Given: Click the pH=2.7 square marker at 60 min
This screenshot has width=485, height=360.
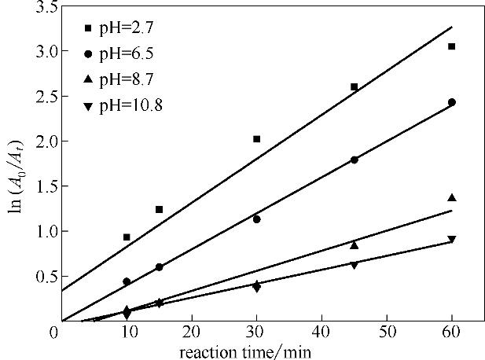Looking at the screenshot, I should pyautogui.click(x=451, y=46).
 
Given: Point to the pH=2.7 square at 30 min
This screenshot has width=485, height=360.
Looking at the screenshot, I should pyautogui.click(x=256, y=139).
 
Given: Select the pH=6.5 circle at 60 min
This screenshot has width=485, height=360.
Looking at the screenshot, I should pyautogui.click(x=451, y=102).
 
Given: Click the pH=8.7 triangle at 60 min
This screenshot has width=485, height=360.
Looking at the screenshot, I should pyautogui.click(x=451, y=197).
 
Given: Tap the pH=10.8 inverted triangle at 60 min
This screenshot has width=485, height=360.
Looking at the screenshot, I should pyautogui.click(x=451, y=239).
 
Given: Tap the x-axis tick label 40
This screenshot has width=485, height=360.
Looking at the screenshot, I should pyautogui.click(x=321, y=332).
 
